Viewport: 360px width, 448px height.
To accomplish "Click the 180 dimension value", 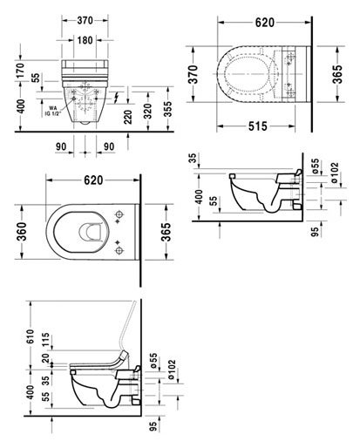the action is [x=85, y=40].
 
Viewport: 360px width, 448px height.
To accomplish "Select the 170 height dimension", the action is [x=20, y=71].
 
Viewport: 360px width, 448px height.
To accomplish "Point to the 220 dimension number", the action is [x=127, y=117].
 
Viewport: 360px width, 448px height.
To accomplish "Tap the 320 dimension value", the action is [x=147, y=111].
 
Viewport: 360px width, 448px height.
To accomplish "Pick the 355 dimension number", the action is [x=167, y=109].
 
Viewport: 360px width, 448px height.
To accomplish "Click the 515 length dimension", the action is [x=257, y=126].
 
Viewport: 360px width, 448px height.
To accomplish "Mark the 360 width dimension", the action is [x=21, y=232].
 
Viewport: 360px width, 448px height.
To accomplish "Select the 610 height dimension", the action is [x=30, y=337].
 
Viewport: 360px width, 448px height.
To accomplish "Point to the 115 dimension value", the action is [x=45, y=340].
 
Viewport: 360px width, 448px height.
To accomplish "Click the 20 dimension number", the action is [x=45, y=358].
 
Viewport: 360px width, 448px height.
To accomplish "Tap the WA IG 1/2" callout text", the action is [x=53, y=111].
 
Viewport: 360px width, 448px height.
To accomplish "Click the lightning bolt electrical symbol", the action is [x=117, y=97].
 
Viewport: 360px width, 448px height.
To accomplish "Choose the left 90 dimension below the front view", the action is [x=61, y=146].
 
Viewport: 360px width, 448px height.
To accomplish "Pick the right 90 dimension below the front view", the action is [x=109, y=146].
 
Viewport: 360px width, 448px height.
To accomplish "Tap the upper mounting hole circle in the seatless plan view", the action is [x=119, y=214].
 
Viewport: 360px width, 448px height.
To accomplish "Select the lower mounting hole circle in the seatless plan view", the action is [x=119, y=250].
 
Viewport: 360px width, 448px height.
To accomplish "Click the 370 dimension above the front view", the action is [x=85, y=20].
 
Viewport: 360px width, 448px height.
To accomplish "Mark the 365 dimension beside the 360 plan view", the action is [x=166, y=232].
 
